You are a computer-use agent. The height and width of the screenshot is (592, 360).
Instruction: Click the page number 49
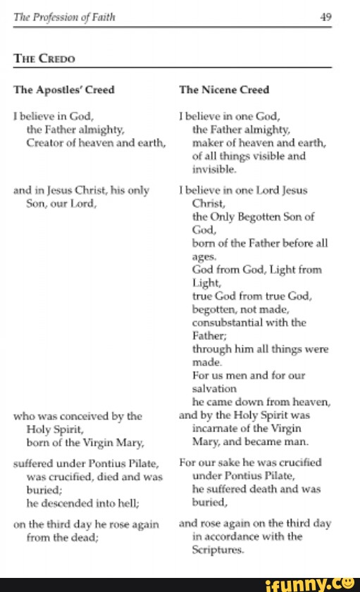click(x=325, y=19)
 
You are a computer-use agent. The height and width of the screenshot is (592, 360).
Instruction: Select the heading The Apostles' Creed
click(x=63, y=89)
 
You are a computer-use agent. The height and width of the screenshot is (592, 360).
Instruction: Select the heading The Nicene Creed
click(x=224, y=89)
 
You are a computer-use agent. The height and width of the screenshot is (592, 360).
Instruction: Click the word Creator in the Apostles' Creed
click(x=46, y=144)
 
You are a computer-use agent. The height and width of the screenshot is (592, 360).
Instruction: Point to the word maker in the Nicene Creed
click(x=207, y=144)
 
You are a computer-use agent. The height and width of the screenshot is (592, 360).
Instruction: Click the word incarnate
click(x=215, y=427)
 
